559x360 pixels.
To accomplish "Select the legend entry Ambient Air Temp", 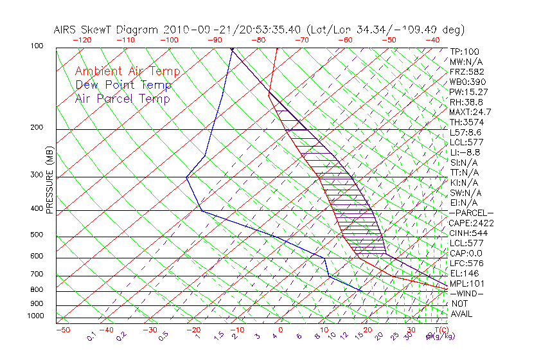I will pyautogui.click(x=127, y=71).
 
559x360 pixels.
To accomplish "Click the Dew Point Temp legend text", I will pyautogui.click(x=123, y=85).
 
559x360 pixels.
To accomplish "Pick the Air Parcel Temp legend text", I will pyautogui.click(x=122, y=98).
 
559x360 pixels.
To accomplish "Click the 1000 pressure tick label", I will pyautogui.click(x=36, y=316).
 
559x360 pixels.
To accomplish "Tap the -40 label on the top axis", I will pyautogui.click(x=432, y=39).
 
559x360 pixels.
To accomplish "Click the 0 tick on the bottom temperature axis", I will pyautogui.click(x=281, y=330).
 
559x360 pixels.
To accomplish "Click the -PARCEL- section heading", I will pyautogui.click(x=471, y=213).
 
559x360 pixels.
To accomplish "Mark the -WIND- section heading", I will pyautogui.click(x=467, y=293).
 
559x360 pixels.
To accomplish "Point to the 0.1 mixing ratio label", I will pyautogui.click(x=91, y=336).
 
